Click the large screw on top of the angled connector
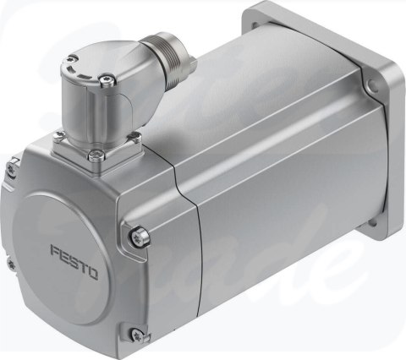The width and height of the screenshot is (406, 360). (x=103, y=80)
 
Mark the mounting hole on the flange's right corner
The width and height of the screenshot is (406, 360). (x=373, y=84)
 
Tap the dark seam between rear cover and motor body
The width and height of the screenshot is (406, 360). (x=179, y=245)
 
